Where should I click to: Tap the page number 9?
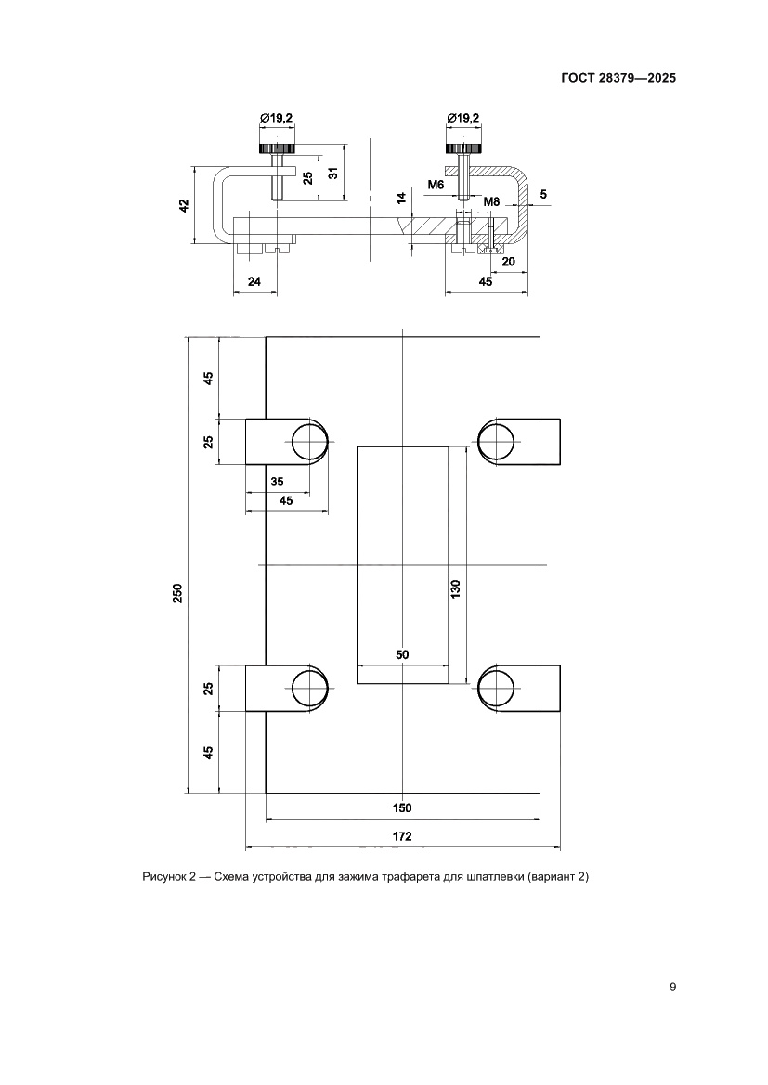671,987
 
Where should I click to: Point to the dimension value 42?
185,206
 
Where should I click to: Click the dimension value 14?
401,198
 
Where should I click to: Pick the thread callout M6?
436,186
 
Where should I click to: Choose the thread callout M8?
492,201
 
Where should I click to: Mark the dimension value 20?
508,262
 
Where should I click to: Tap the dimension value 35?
277,481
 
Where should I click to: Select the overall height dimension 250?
178,592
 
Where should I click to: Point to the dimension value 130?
456,588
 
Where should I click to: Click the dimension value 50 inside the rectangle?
402,654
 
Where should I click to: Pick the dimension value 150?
402,807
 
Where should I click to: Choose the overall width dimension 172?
402,836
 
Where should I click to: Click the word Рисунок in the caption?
164,877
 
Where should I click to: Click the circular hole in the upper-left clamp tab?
310,441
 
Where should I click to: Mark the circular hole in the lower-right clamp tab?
496,688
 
